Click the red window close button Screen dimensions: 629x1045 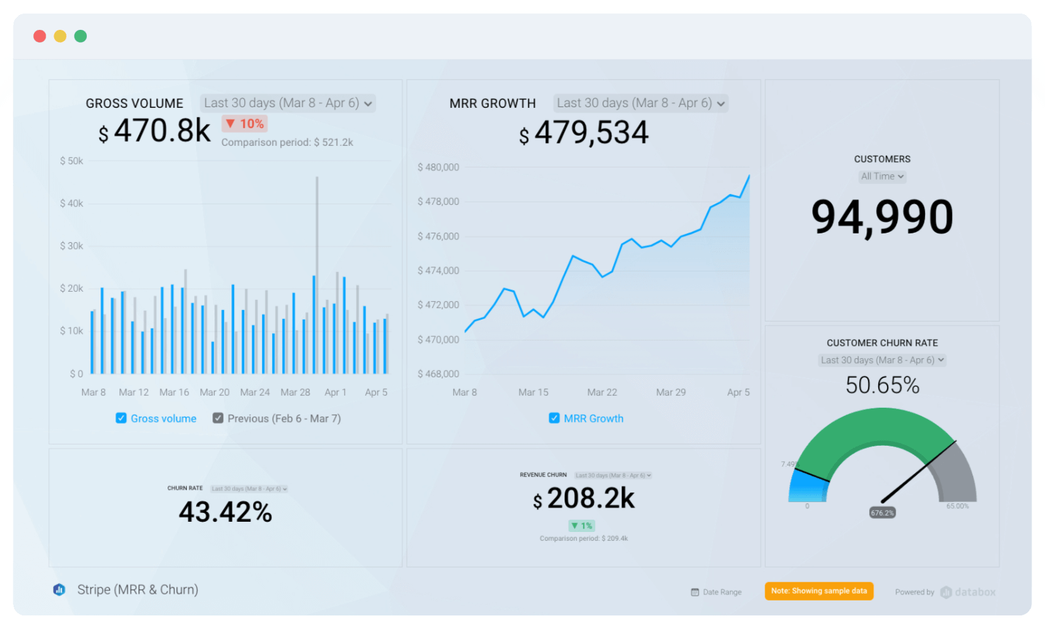click(40, 36)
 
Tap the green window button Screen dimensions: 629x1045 click(81, 36)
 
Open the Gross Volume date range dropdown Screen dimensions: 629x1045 click(288, 103)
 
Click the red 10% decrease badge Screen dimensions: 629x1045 click(245, 123)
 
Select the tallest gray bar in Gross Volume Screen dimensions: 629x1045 click(317, 271)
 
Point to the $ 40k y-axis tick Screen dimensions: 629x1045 click(71, 204)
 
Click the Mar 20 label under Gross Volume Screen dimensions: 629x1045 click(214, 392)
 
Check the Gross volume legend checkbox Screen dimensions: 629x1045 click(121, 418)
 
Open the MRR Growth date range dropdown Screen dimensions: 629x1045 click(641, 103)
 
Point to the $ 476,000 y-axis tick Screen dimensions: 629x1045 click(438, 236)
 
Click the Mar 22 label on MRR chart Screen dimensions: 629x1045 click(602, 392)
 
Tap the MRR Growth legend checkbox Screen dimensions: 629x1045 click(554, 418)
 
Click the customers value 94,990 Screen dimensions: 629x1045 click(882, 217)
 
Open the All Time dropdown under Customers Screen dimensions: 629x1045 click(882, 176)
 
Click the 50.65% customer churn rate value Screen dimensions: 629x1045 click(882, 385)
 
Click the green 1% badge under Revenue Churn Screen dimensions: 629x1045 click(582, 526)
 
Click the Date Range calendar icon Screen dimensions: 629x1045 click(695, 592)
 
